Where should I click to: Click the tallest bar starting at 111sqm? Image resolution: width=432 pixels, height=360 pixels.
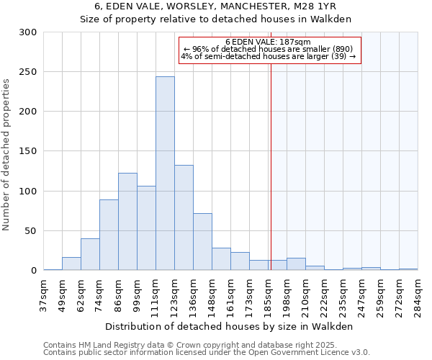point(165,173)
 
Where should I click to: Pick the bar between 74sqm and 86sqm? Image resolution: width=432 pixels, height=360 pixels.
point(109,234)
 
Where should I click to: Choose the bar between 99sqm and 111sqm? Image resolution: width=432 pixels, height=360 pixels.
point(146,228)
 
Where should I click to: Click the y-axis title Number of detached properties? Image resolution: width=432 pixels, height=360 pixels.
point(7,155)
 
